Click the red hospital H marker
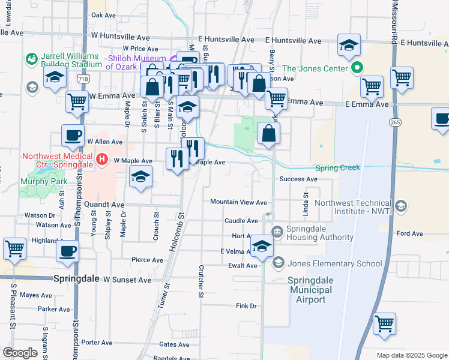102,160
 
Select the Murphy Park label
41,181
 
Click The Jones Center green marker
358,68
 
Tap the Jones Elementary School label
335,263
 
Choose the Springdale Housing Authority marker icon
277,232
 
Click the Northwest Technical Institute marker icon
402,207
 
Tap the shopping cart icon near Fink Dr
384,323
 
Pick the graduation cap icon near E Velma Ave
262,247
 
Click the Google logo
20,353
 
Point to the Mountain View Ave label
238,202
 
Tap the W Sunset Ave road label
127,280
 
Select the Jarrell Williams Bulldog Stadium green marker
31,59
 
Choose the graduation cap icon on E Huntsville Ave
349,44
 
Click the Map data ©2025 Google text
411,355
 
